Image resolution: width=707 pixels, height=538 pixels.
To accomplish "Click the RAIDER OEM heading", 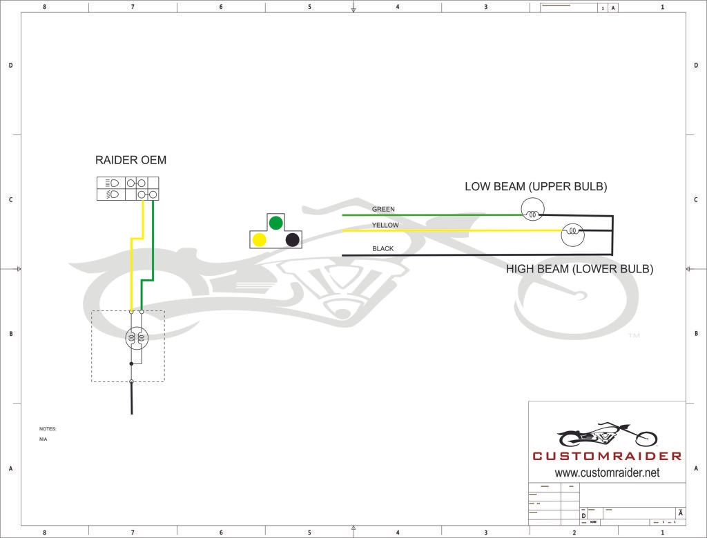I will [x=130, y=160].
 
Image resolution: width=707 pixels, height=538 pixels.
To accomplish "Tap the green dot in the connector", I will [x=275, y=222].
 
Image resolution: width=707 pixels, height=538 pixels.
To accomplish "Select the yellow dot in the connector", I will [x=259, y=239].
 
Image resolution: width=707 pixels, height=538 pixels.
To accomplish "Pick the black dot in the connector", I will [x=292, y=239].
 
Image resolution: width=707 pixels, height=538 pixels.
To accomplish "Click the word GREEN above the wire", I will [x=383, y=209].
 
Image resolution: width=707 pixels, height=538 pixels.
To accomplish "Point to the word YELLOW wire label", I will [x=385, y=226].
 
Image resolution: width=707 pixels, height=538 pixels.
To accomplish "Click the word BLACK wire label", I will [x=382, y=248].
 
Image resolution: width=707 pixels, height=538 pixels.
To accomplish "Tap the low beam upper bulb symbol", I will [x=532, y=208].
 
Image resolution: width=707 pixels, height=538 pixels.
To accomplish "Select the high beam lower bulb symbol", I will [x=572, y=235].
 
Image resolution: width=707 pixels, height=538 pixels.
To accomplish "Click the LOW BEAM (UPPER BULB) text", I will [x=536, y=187].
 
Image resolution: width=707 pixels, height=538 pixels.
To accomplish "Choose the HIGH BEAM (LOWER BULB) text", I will [x=579, y=269].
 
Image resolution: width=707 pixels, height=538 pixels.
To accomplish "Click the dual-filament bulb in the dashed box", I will [x=136, y=337].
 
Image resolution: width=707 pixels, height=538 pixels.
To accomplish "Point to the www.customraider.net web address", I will [x=607, y=472].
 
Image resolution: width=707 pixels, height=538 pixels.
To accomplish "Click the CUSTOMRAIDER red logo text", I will [x=607, y=456].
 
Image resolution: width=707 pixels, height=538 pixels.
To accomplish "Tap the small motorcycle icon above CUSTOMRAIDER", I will [x=607, y=436].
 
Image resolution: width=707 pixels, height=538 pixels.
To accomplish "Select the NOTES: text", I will [x=48, y=429].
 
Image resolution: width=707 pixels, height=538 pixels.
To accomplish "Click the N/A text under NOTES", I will [x=43, y=439].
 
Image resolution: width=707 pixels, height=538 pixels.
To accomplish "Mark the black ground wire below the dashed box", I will [x=131, y=400].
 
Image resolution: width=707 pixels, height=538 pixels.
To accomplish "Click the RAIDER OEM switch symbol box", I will [x=128, y=188].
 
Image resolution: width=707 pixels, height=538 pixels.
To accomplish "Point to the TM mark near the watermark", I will [x=633, y=336].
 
